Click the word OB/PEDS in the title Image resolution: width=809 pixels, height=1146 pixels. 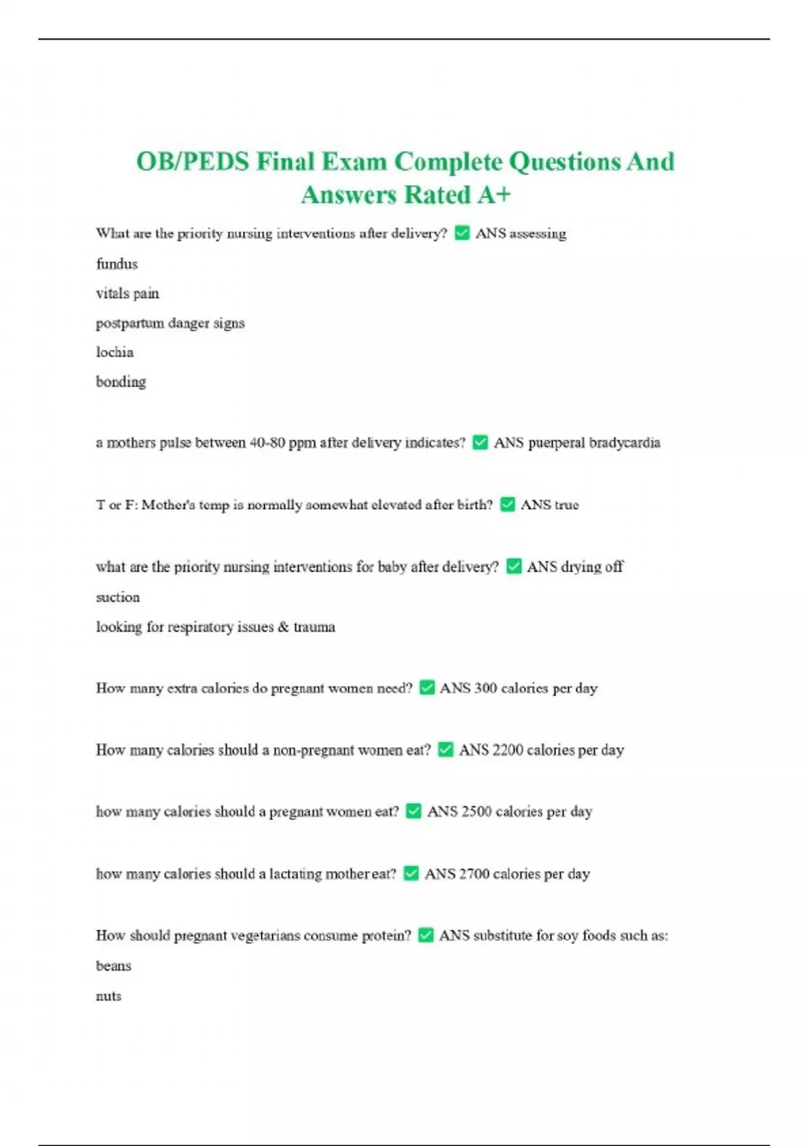(193, 162)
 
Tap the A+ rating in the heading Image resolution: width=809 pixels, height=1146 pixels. (494, 195)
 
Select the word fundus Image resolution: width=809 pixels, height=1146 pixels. (117, 264)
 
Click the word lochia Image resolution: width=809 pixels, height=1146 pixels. (115, 352)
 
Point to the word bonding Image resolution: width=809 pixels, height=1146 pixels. (121, 382)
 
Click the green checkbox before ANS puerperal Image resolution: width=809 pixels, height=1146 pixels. (480, 442)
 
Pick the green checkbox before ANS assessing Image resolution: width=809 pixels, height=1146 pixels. (462, 233)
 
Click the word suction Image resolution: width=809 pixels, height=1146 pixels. (117, 597)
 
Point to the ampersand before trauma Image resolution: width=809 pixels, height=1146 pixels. (283, 627)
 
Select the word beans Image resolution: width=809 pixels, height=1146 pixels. (113, 966)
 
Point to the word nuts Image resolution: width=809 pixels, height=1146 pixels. (109, 996)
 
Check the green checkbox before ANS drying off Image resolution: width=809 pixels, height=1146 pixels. (514, 566)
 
